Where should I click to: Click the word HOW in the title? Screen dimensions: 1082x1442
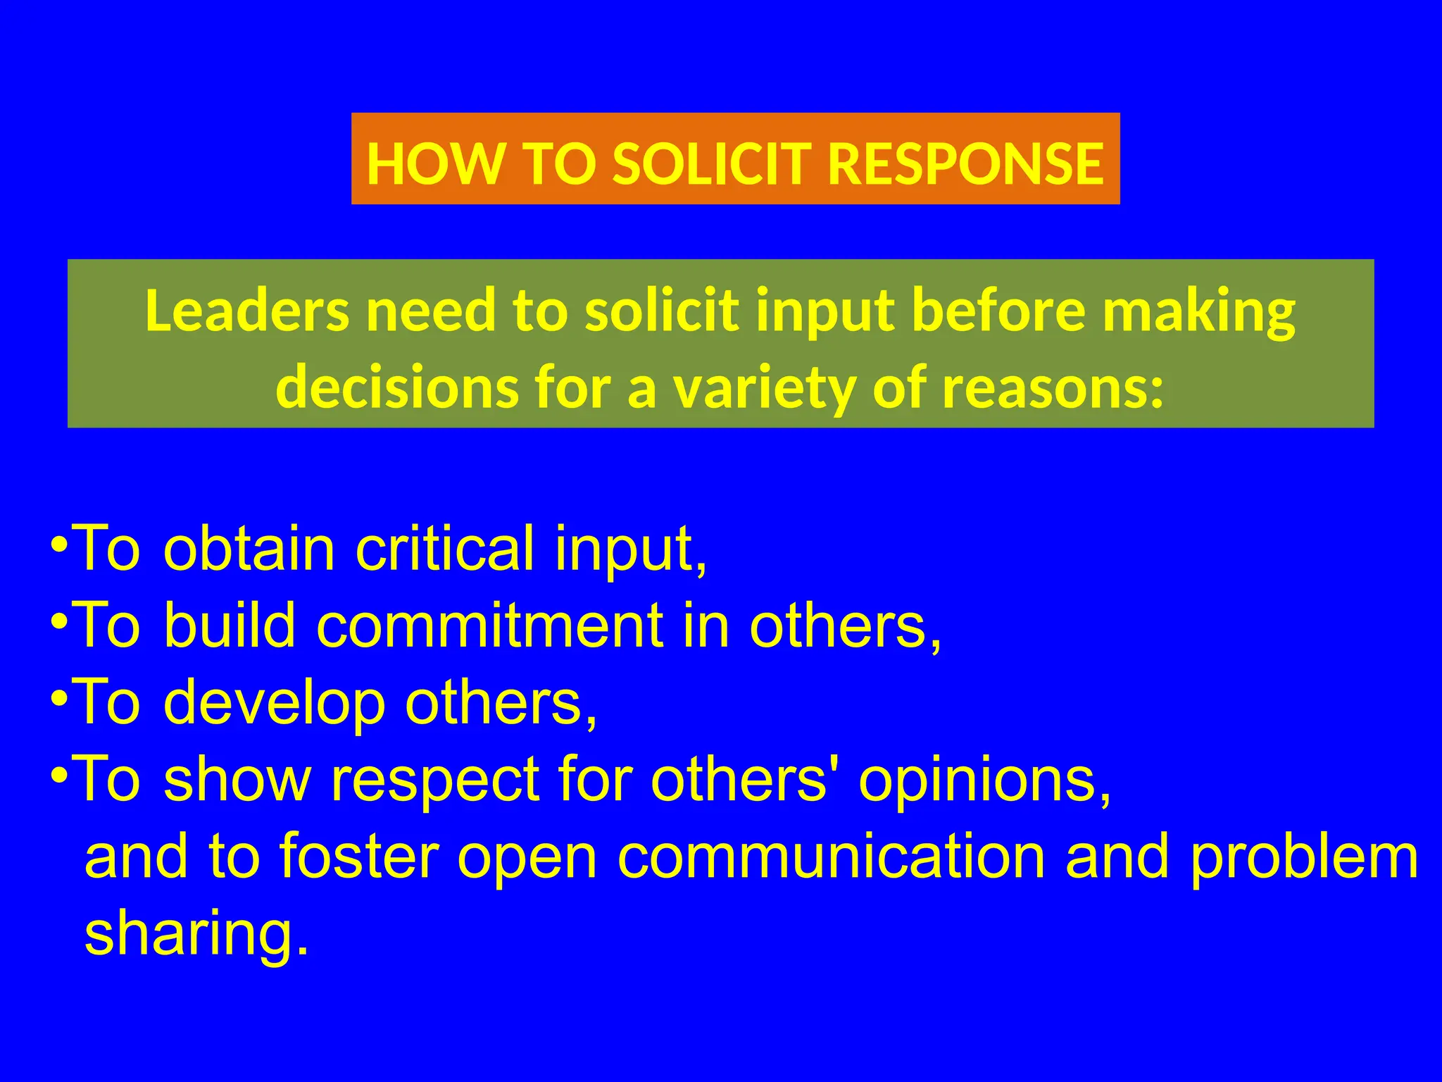pos(431,163)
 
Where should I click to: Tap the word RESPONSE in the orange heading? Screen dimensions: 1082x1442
pos(965,163)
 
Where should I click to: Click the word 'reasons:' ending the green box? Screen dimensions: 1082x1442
pos(1053,389)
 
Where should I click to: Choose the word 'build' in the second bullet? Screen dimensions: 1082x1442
pos(229,626)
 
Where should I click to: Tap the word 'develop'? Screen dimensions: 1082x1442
pos(275,703)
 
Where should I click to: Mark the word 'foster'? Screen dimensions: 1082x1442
pos(359,857)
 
